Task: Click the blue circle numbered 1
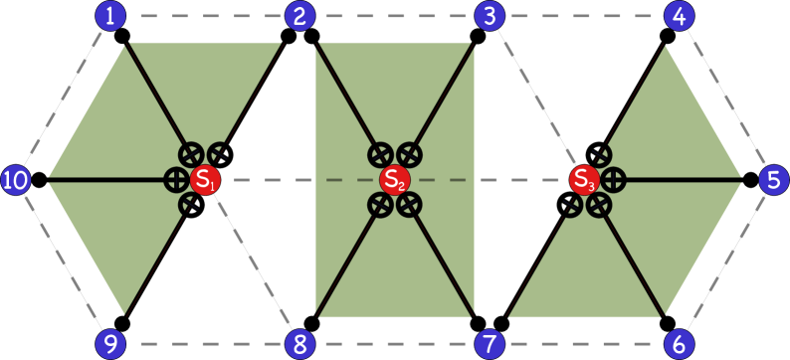[x=110, y=16]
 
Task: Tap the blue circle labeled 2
[x=299, y=16]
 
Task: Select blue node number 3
[x=489, y=16]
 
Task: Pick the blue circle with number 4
[x=679, y=16]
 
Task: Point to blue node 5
[x=773, y=180]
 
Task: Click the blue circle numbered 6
[x=679, y=344]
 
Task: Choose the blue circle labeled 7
[x=489, y=344]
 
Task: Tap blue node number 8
[x=299, y=344]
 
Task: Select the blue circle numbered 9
[x=110, y=344]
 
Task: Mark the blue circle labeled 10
[x=16, y=180]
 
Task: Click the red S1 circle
[x=205, y=180]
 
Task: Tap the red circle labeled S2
[x=395, y=180]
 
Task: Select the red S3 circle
[x=584, y=180]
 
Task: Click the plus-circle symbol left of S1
[x=176, y=180]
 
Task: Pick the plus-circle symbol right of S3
[x=613, y=180]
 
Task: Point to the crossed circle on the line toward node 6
[x=598, y=205]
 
